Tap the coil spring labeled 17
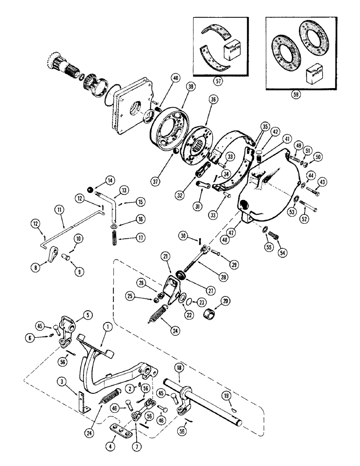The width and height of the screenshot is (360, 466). [x=115, y=232]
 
